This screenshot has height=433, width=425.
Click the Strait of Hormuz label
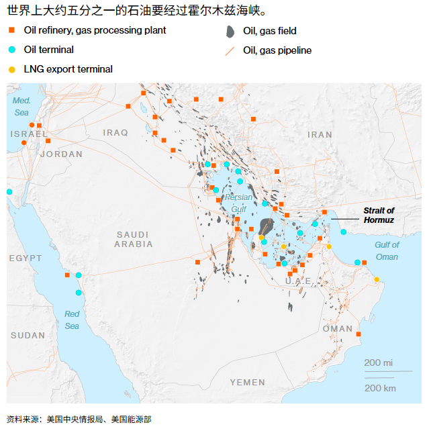click(x=379, y=215)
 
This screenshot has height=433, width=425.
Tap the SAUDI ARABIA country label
click(x=133, y=239)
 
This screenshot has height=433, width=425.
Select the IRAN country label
click(x=320, y=134)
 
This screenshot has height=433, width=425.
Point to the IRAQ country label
click(x=115, y=133)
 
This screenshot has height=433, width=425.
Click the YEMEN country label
click(x=247, y=382)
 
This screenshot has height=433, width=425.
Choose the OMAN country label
click(x=337, y=328)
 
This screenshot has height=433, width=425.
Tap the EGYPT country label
click(x=26, y=258)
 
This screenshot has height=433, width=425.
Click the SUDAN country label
click(x=28, y=335)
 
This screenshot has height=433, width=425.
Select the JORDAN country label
click(x=61, y=154)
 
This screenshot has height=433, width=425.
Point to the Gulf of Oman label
click(x=387, y=250)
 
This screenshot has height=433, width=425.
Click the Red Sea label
click(x=72, y=320)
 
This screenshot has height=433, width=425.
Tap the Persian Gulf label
click(x=238, y=203)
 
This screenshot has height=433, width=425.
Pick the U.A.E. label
click(x=298, y=281)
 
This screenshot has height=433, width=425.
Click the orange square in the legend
click(x=11, y=30)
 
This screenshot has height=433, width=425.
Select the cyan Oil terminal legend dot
click(x=11, y=50)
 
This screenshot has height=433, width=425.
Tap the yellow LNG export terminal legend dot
click(x=11, y=69)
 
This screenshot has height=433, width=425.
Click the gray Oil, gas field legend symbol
click(x=230, y=31)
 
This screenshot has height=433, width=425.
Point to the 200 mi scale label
click(x=378, y=363)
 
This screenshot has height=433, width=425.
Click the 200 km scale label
click(x=379, y=387)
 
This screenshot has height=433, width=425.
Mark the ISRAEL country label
click(x=29, y=134)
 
